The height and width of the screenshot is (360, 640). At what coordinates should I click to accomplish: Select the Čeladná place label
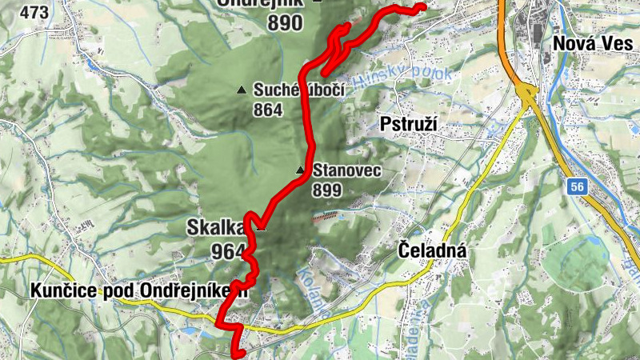point(432,252)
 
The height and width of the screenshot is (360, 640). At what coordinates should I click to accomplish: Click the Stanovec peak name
point(346,170)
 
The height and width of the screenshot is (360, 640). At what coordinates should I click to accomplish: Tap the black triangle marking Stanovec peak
point(301,170)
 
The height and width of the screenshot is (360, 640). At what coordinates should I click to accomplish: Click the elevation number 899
point(328,190)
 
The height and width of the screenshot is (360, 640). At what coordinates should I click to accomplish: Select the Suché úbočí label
point(298,90)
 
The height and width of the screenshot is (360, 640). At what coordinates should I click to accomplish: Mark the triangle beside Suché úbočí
point(242,89)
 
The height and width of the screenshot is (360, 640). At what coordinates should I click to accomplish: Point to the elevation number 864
point(268,110)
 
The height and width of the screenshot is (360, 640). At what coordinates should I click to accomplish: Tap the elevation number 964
point(228,252)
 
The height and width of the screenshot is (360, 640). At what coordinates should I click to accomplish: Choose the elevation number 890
point(285,22)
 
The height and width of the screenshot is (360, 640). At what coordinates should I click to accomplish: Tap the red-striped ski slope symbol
point(326,215)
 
